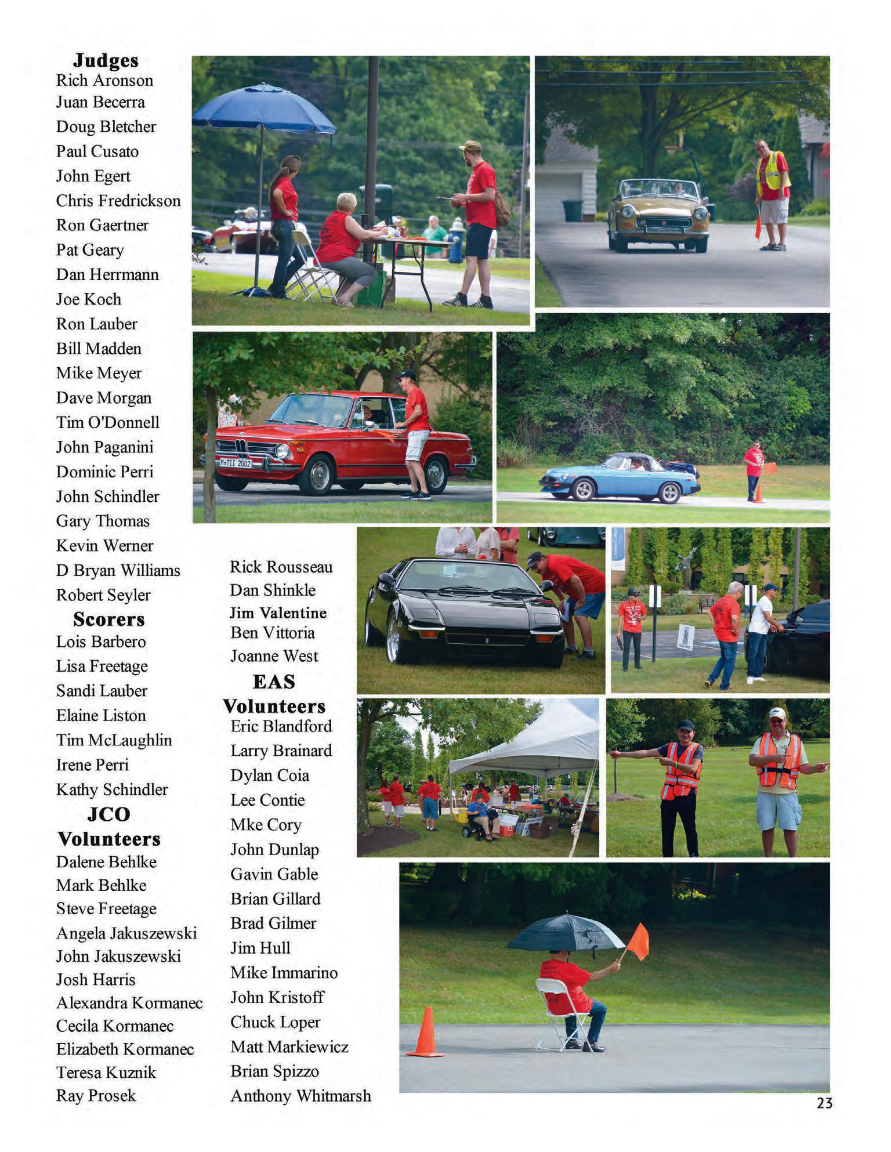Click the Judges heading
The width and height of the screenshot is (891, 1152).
[x=106, y=60]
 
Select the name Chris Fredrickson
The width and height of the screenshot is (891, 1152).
[x=118, y=201]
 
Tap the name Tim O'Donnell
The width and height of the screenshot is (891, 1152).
[x=107, y=422]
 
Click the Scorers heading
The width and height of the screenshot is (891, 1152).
[x=108, y=620]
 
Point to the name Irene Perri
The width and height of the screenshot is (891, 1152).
[x=92, y=765]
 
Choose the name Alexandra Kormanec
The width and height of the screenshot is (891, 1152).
[x=129, y=1002]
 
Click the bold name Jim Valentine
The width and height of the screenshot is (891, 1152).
[x=278, y=613]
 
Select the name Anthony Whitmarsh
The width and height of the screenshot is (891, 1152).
[x=300, y=1096]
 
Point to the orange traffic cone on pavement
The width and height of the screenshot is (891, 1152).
[x=426, y=1032]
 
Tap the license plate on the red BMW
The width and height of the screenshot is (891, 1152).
[x=235, y=463]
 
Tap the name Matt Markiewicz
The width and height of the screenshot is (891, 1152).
[x=289, y=1046]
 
